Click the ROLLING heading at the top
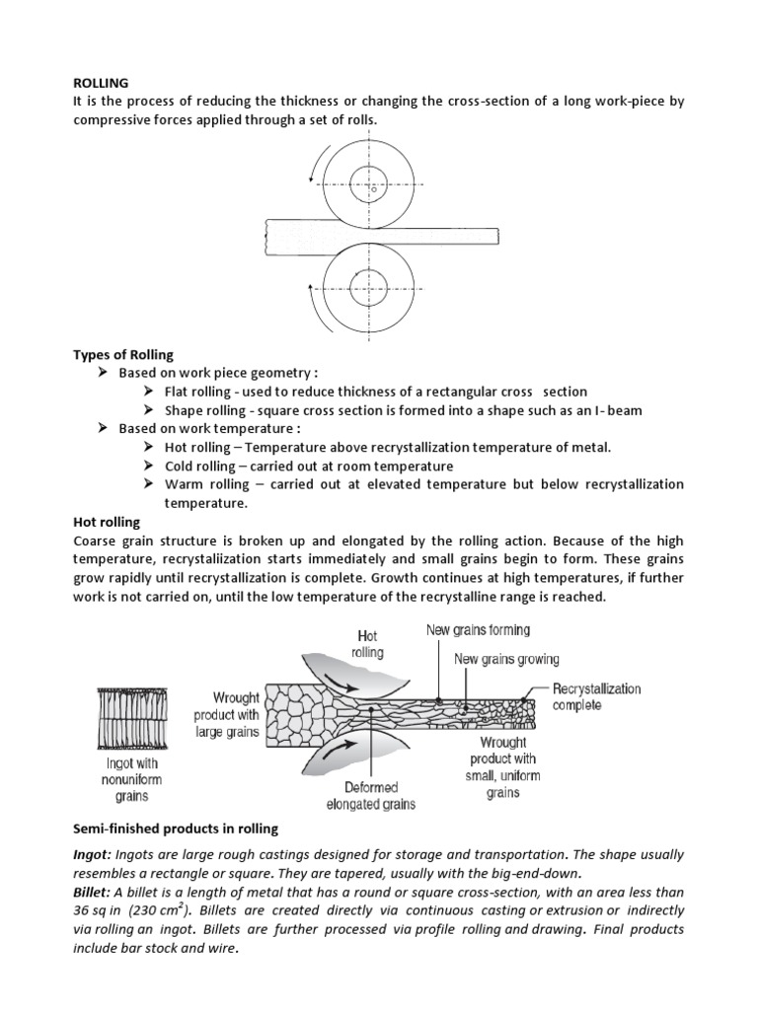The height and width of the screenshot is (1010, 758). (x=102, y=84)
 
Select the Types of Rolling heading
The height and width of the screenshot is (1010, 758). (x=122, y=355)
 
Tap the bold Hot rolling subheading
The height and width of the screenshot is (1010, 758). (x=107, y=522)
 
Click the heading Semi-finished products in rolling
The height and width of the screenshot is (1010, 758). (x=176, y=828)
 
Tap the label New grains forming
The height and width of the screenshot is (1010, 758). (x=478, y=630)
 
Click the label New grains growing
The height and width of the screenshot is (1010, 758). (x=506, y=659)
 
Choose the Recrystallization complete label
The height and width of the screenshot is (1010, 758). (x=595, y=696)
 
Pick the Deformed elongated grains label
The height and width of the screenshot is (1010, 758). (x=370, y=795)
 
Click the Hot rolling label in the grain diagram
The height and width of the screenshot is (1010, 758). (x=366, y=645)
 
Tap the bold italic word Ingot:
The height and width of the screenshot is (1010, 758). (x=95, y=854)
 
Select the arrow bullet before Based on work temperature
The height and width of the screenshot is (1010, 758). (x=103, y=429)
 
